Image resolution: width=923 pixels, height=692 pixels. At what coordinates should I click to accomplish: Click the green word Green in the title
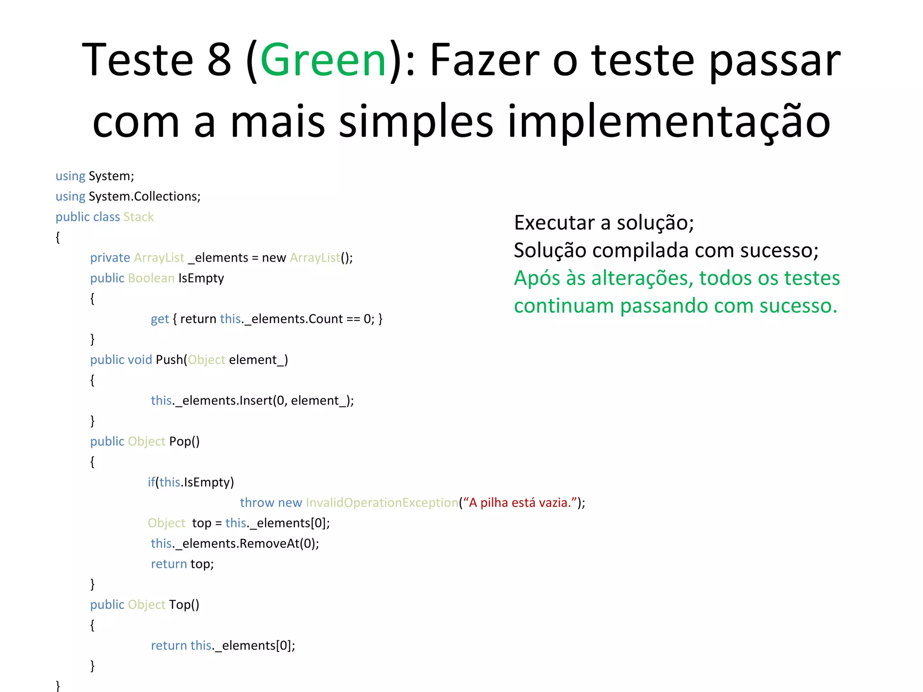323,60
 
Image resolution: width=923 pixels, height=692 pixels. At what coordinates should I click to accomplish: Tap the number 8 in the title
219,60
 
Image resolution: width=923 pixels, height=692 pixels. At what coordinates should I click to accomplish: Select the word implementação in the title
669,122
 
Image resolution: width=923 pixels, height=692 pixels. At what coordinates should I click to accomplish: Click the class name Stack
138,217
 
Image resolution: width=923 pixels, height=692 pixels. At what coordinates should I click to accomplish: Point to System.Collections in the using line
144,196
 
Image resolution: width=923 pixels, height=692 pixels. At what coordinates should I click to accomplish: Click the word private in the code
110,258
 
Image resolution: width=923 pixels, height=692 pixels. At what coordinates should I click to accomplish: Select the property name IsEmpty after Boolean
201,278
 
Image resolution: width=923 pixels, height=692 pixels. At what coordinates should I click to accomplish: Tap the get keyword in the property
160,319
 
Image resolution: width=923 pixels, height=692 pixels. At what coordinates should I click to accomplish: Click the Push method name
169,360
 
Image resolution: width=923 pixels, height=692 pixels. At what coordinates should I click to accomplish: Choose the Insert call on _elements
256,401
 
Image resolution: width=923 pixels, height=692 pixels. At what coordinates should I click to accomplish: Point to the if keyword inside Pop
151,482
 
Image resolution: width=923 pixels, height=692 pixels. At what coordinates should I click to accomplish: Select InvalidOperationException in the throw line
382,503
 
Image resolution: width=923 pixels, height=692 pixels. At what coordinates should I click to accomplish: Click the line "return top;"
182,564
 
